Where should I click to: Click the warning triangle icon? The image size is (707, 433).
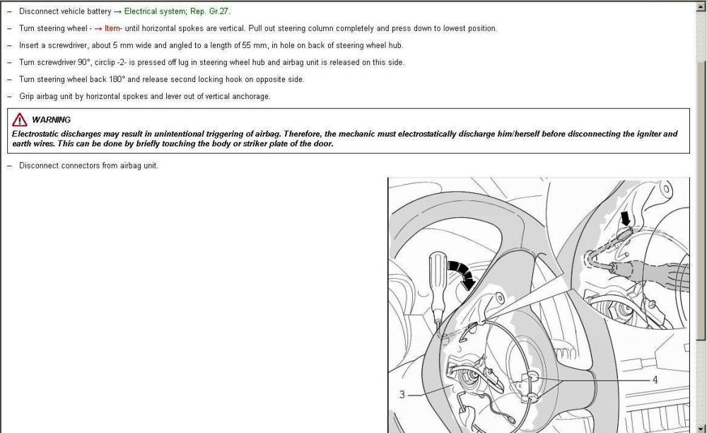coord(20,120)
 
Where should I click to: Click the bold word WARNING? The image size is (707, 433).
coord(51,120)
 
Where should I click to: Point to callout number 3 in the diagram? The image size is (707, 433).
coord(402,395)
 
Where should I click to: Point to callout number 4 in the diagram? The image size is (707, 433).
coord(655,380)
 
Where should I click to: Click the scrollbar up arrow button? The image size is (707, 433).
coord(701,6)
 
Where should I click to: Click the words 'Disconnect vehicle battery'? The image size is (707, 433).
coord(65,11)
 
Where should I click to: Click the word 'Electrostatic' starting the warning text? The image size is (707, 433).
coord(35,134)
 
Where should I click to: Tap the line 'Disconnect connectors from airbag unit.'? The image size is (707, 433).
coord(88,166)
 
